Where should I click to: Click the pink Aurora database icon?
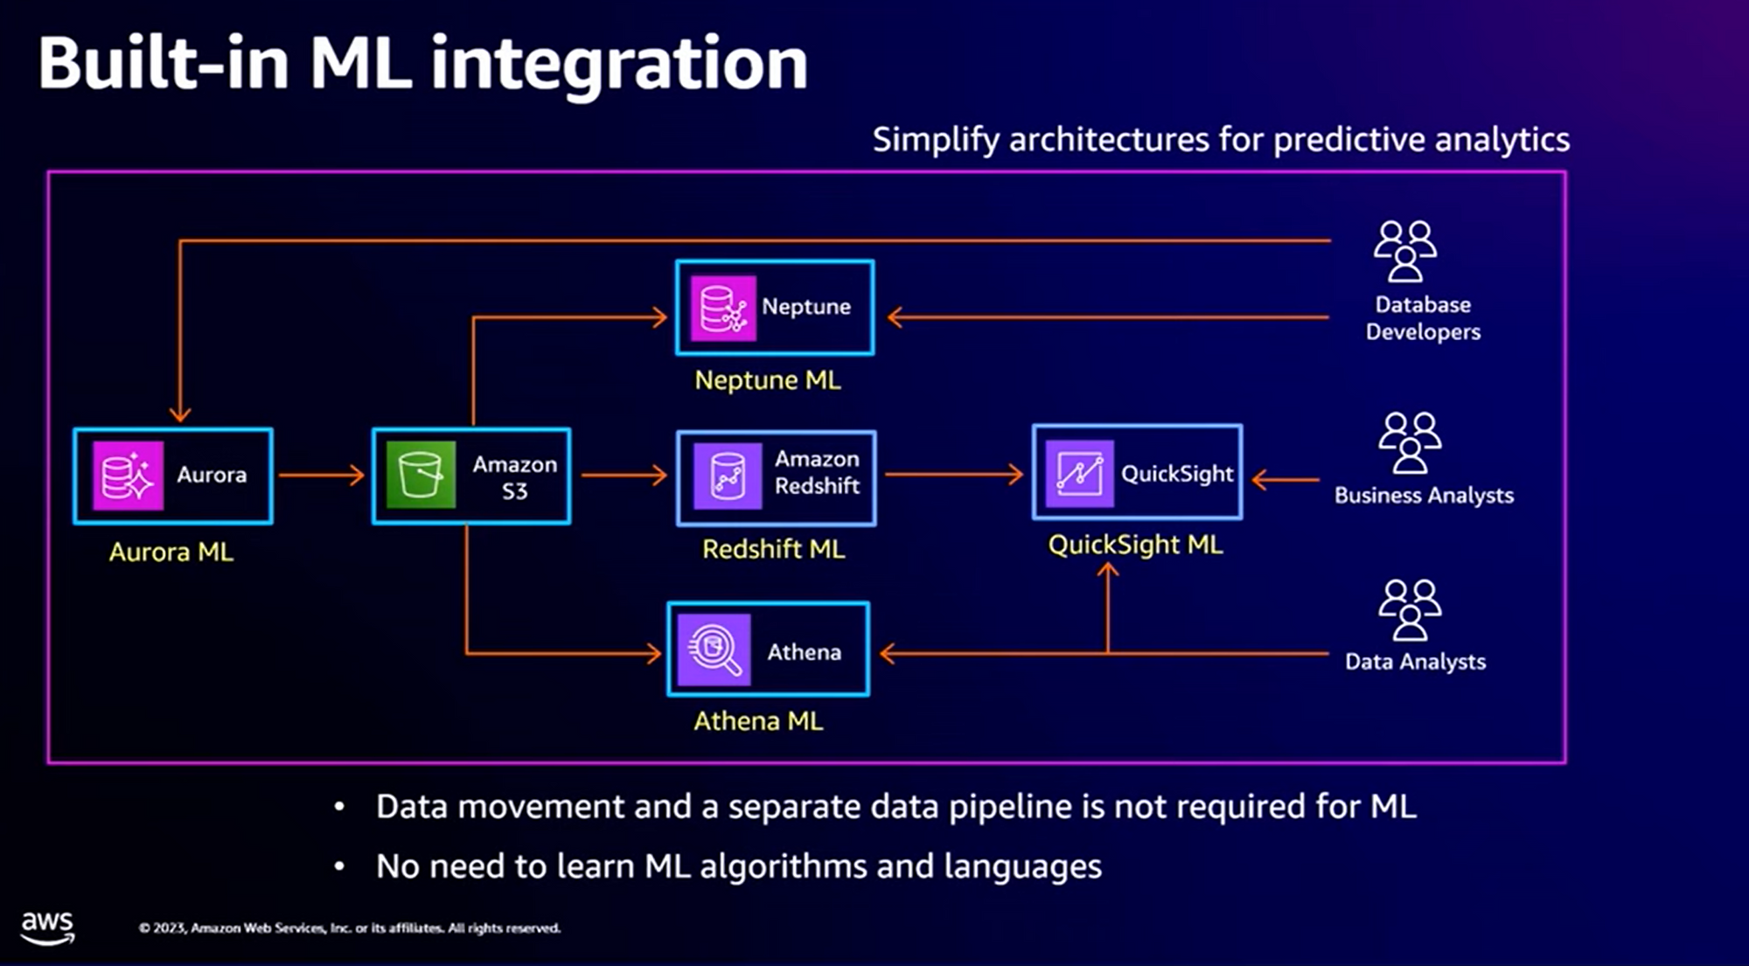[x=129, y=476]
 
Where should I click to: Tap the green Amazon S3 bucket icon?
[x=421, y=476]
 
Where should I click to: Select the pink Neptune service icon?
[x=723, y=309]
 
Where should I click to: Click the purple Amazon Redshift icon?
[x=728, y=476]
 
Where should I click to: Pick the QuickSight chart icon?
[x=1080, y=474]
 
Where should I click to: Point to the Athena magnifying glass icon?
[x=714, y=650]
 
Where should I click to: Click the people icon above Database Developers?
[x=1405, y=251]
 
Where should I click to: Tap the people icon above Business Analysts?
[x=1410, y=442]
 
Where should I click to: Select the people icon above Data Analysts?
[x=1410, y=610]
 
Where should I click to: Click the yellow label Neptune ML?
[x=768, y=380]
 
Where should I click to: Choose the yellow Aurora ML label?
[x=171, y=552]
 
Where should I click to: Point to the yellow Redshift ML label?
[x=774, y=549]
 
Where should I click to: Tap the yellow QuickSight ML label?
[x=1135, y=545]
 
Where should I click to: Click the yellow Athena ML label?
[x=758, y=721]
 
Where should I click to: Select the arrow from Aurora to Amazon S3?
[x=322, y=476]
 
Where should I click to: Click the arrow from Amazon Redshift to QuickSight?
[x=954, y=475]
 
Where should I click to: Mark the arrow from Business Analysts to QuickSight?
[x=1286, y=480]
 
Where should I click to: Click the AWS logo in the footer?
[x=48, y=928]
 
